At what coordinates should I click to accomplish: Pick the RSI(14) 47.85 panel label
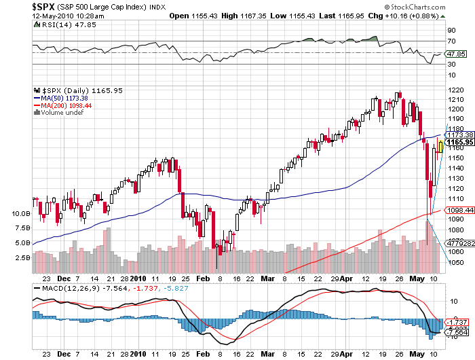tap(59, 25)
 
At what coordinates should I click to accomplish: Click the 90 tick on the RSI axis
tap(450, 31)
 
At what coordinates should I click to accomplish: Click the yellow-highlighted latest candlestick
tap(440, 145)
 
